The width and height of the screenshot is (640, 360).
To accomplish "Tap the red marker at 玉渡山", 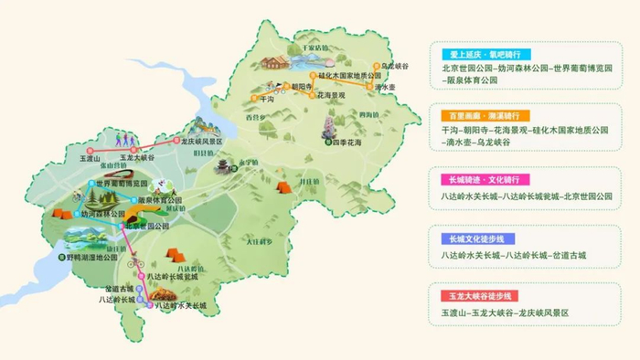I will (90, 150).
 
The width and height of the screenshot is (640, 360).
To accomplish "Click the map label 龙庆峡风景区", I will (202, 143).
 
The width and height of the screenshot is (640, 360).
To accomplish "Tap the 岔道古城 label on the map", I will (119, 287).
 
